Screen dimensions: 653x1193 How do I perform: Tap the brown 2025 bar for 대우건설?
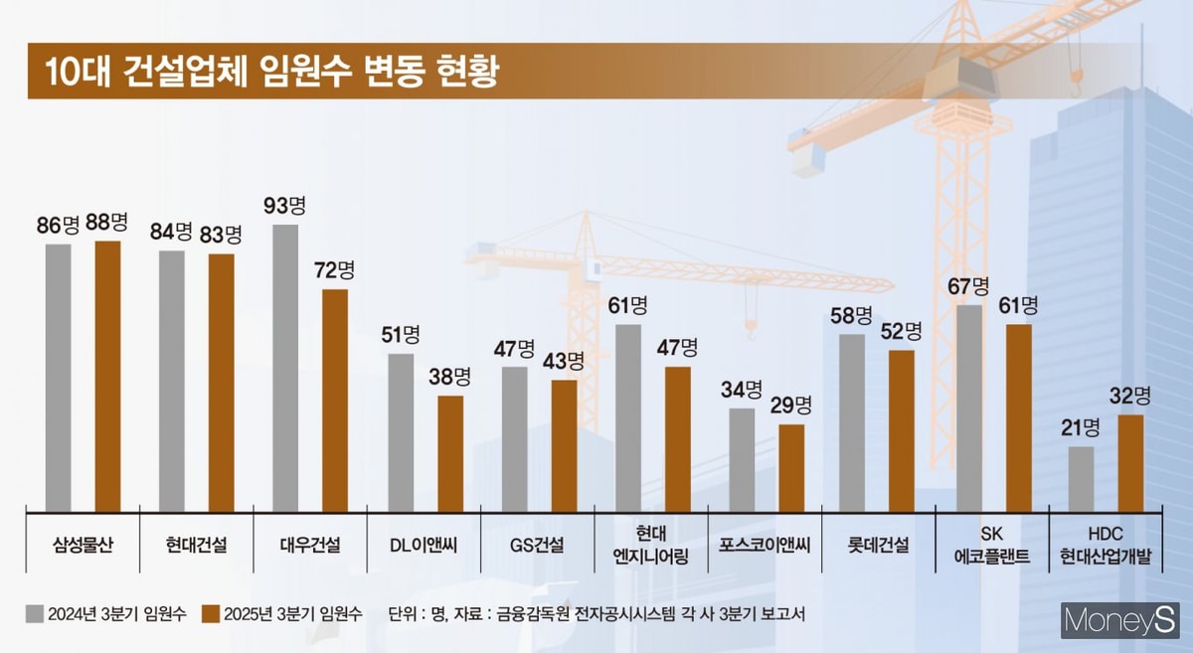point(335,399)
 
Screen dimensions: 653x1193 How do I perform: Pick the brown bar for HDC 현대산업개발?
point(1130,461)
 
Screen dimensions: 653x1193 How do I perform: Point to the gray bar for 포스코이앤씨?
point(742,457)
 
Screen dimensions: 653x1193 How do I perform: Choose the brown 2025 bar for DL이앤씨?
point(450,451)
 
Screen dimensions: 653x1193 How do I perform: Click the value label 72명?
point(335,269)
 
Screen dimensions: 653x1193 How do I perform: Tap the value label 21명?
point(1080,427)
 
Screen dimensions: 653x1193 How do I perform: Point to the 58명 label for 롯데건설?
point(853,316)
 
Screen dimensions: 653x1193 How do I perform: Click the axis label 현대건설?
point(196,545)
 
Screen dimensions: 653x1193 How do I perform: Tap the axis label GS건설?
point(537,545)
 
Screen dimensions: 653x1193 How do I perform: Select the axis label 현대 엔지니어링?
point(651,545)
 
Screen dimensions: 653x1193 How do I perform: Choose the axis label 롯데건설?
point(879,545)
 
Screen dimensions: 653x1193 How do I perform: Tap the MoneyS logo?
point(1119,621)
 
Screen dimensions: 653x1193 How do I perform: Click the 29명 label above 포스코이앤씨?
point(791,406)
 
